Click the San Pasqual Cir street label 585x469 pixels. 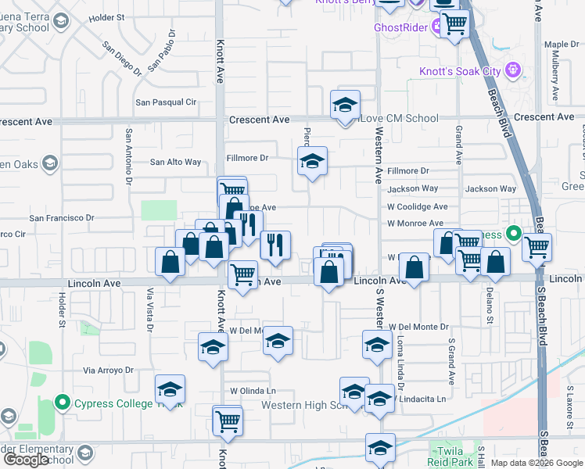point(166,102)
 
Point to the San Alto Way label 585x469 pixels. point(175,163)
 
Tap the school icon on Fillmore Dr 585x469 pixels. point(312,162)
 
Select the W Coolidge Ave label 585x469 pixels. point(418,207)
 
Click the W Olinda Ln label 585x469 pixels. point(253,391)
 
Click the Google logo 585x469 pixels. point(26,460)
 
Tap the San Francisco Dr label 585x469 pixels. point(62,218)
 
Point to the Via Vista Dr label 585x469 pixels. point(151,309)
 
